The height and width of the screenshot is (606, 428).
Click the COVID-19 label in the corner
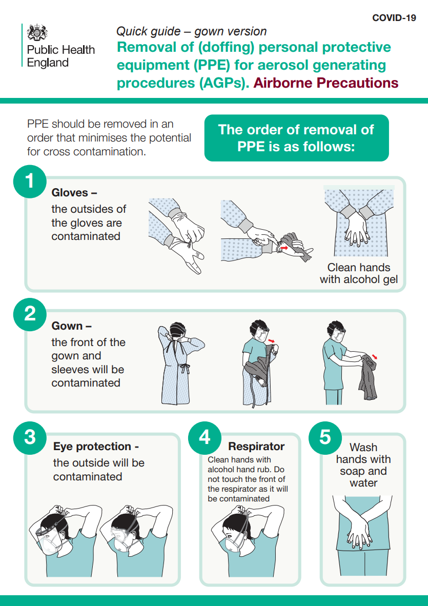(x=394, y=18)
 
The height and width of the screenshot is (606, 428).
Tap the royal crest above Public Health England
(x=37, y=32)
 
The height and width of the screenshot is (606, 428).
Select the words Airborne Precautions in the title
(x=325, y=83)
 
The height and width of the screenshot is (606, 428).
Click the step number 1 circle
(x=30, y=181)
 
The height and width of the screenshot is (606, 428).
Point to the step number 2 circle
(x=30, y=314)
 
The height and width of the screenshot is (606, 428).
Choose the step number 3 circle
(x=30, y=437)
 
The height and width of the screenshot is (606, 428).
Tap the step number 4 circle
(x=205, y=437)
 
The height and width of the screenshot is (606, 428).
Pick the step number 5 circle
(x=325, y=437)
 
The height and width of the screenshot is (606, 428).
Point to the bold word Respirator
(x=256, y=447)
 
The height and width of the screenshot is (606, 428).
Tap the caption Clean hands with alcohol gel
(x=358, y=273)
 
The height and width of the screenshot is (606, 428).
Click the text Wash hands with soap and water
(x=363, y=465)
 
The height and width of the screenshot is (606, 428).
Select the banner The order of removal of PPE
(x=296, y=138)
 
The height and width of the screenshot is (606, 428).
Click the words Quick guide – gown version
(x=192, y=31)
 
